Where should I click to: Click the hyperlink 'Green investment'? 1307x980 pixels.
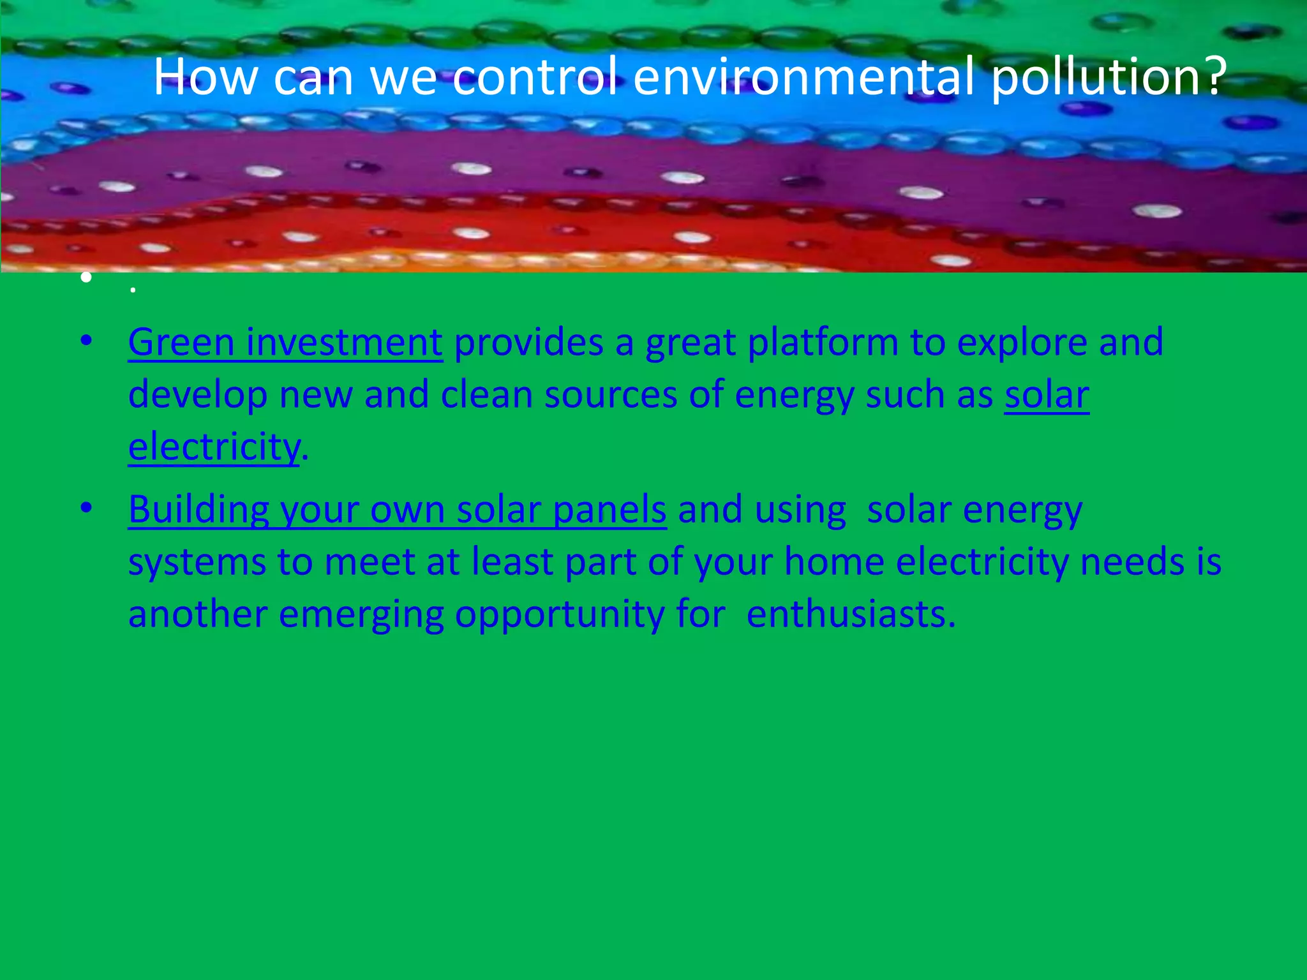285,343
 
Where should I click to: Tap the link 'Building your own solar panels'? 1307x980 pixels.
397,510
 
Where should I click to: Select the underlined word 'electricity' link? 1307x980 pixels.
214,447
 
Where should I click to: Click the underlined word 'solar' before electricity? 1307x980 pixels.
1047,395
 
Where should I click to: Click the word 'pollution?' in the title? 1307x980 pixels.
1108,77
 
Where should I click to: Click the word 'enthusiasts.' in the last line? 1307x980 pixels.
851,615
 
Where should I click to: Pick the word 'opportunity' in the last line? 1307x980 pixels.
559,615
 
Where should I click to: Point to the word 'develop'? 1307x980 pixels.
197,395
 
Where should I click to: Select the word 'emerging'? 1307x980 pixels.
361,615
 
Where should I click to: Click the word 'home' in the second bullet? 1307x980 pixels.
834,563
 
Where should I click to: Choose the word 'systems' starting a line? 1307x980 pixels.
197,563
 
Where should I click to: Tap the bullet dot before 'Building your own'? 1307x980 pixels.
87,509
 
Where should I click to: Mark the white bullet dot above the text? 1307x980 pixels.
87,278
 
